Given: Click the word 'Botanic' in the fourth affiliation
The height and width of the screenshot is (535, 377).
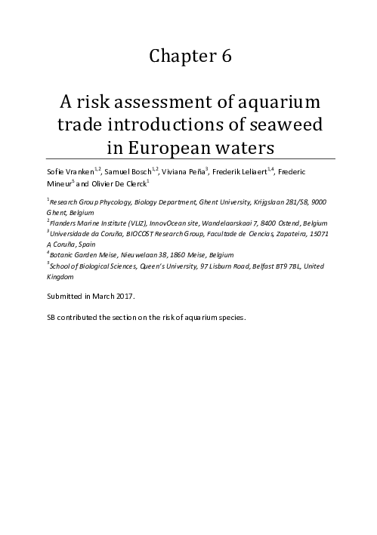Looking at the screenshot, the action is point(63,255).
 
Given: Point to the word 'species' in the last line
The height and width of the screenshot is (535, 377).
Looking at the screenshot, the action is point(231,318).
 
